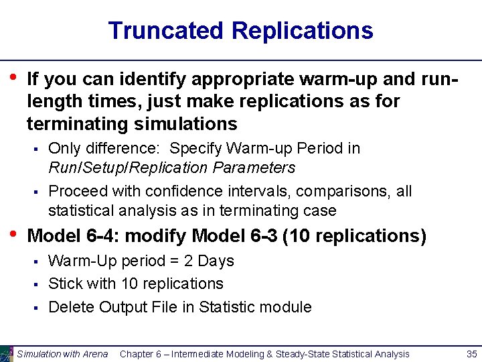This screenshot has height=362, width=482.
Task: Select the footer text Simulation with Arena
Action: [x=62, y=354]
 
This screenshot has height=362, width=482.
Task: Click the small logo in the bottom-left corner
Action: [x=7, y=353]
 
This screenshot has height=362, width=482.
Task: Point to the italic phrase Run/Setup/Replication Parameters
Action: [x=172, y=167]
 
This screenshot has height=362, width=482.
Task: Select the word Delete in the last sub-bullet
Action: [x=71, y=307]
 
